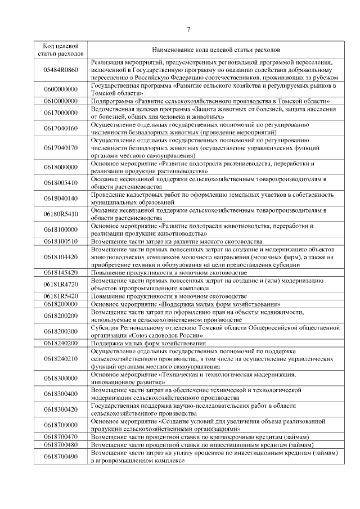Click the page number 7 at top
tap(188, 30)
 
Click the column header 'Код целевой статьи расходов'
tap(60, 49)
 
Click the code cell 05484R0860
tap(60, 70)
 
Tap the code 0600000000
tap(60, 89)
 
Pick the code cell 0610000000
tap(60, 101)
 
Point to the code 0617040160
tap(60, 128)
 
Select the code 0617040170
tap(60, 148)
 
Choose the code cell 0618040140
tap(60, 199)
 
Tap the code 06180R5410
tap(60, 214)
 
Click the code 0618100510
tap(60, 241)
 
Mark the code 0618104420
tap(60, 257)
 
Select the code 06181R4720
tap(60, 284)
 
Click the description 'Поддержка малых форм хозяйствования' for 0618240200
tap(148, 343)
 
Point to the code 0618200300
tap(60, 331)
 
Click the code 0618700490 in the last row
tap(60, 456)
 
